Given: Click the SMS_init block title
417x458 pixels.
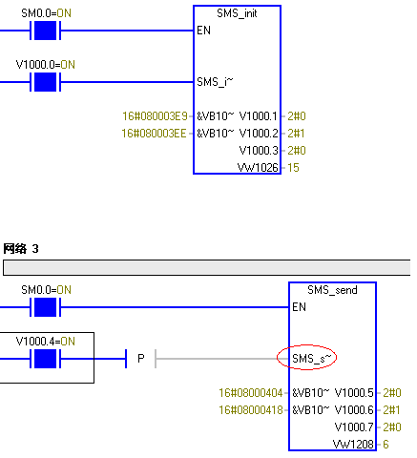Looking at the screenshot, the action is (x=237, y=13).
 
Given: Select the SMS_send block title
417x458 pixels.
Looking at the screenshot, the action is (x=332, y=290).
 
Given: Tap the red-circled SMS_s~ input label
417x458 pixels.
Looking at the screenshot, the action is (x=312, y=359).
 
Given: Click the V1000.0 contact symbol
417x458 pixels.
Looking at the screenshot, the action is (x=45, y=82).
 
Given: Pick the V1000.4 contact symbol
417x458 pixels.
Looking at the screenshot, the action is (x=45, y=359).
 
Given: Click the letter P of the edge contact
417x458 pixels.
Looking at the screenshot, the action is (x=141, y=359).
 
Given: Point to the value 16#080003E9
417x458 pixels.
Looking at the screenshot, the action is (x=155, y=116).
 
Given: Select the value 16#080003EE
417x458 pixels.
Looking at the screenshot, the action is (x=154, y=134).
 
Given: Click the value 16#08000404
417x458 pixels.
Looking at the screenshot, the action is (x=251, y=393).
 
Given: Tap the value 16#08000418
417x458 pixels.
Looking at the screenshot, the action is (x=251, y=410).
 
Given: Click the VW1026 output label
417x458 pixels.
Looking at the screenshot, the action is (x=258, y=168).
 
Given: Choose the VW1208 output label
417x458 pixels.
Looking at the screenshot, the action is (x=353, y=445).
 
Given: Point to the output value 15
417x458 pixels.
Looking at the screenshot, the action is (x=293, y=168).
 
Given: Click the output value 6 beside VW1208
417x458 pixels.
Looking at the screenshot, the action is (x=386, y=445).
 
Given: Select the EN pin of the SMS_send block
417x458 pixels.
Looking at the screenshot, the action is (x=299, y=307).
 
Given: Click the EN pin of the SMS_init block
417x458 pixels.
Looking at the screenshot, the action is (x=203, y=31).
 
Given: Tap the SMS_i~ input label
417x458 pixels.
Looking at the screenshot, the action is (x=215, y=82).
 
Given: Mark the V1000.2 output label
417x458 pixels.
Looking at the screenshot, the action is (x=259, y=134).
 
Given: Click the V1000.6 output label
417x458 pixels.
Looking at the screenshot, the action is (x=354, y=410).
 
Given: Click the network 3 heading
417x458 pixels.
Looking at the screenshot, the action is (x=21, y=249).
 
